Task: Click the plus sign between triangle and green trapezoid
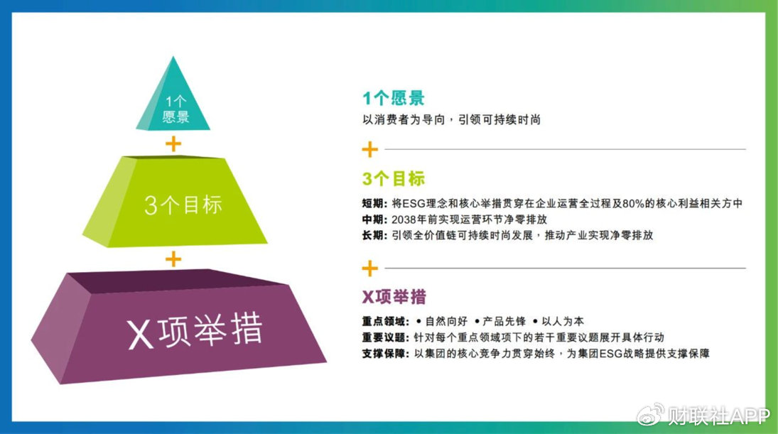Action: click(x=173, y=143)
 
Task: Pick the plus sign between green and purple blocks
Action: click(x=173, y=259)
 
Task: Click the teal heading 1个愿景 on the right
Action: click(x=394, y=98)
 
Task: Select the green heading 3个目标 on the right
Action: click(x=394, y=179)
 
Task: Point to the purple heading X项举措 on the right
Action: click(x=394, y=296)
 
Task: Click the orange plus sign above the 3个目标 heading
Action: click(x=369, y=150)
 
